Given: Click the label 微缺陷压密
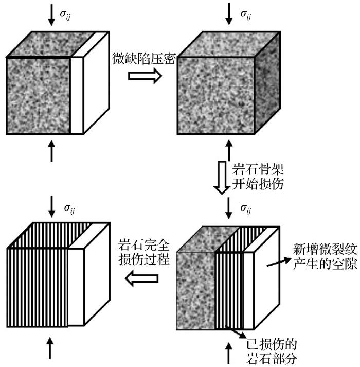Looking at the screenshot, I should [145, 59].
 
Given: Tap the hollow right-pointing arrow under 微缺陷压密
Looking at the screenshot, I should [145, 75].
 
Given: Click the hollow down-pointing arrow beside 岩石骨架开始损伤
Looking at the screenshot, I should [222, 177].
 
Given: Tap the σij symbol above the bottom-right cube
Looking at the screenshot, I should [245, 208].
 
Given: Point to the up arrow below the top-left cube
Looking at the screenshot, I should [51, 151].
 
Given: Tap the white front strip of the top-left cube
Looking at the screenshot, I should [76, 95].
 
